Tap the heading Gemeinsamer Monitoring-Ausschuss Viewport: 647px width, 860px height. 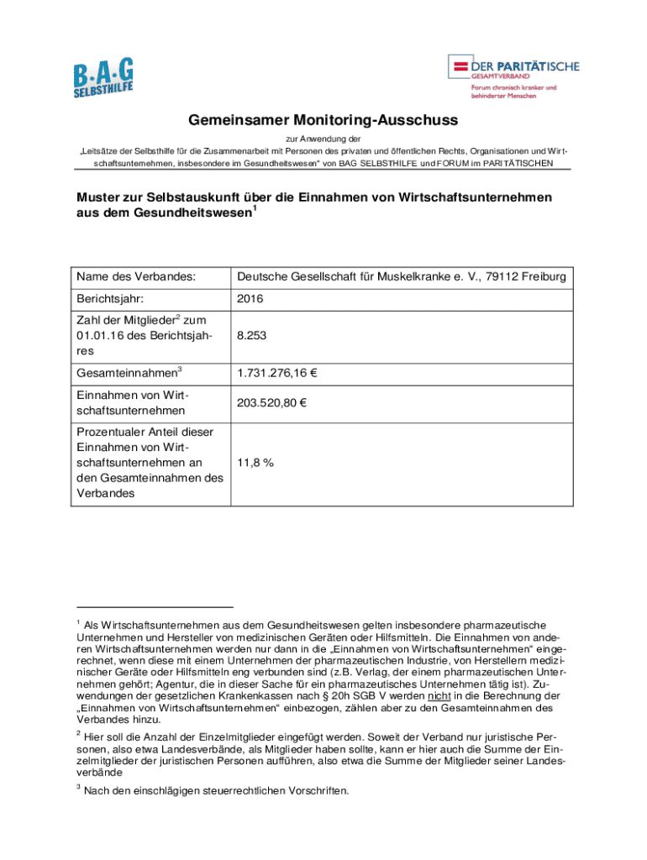pyautogui.click(x=323, y=120)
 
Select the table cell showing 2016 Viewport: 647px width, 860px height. pyautogui.click(x=250, y=298)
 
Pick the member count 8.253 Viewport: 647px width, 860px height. pyautogui.click(x=252, y=334)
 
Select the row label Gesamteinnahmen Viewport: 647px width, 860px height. pyautogui.click(x=125, y=371)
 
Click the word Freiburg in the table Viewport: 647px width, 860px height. pyautogui.click(x=542, y=276)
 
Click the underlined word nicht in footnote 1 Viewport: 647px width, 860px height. pyautogui.click(x=438, y=696)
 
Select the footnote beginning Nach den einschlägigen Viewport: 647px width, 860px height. pyautogui.click(x=215, y=790)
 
